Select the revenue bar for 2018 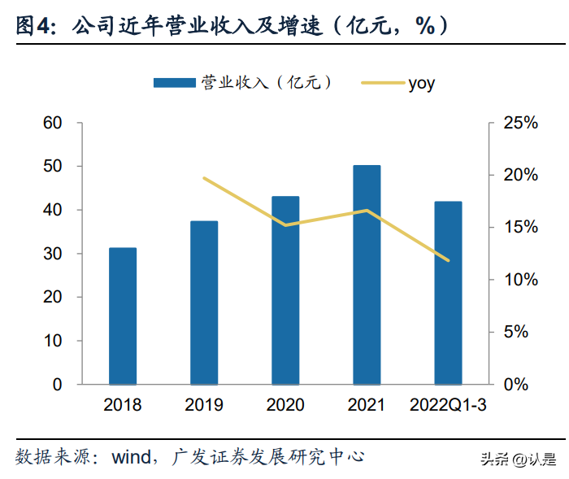tap(123, 316)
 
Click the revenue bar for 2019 tap(204, 303)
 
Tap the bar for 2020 tap(285, 290)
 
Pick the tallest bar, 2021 tap(367, 274)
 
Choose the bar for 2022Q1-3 tap(448, 293)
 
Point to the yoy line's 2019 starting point tap(204, 178)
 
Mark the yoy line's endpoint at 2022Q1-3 tap(448, 260)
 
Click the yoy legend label tap(421, 82)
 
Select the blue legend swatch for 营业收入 tap(175, 82)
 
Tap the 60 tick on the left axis tap(53, 123)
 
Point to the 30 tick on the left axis tap(53, 254)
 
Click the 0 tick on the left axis tap(58, 384)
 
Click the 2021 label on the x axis tap(367, 405)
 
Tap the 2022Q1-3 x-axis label tap(448, 405)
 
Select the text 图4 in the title tap(31, 26)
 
